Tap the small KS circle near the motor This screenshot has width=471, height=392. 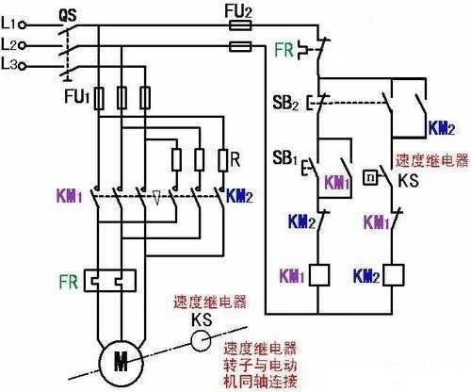(201, 340)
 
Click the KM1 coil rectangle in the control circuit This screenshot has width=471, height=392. (320, 275)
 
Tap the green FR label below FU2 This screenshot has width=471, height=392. (284, 49)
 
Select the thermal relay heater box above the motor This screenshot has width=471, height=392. (110, 280)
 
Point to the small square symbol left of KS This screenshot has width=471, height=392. (373, 176)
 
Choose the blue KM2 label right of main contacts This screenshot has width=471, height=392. (240, 199)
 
